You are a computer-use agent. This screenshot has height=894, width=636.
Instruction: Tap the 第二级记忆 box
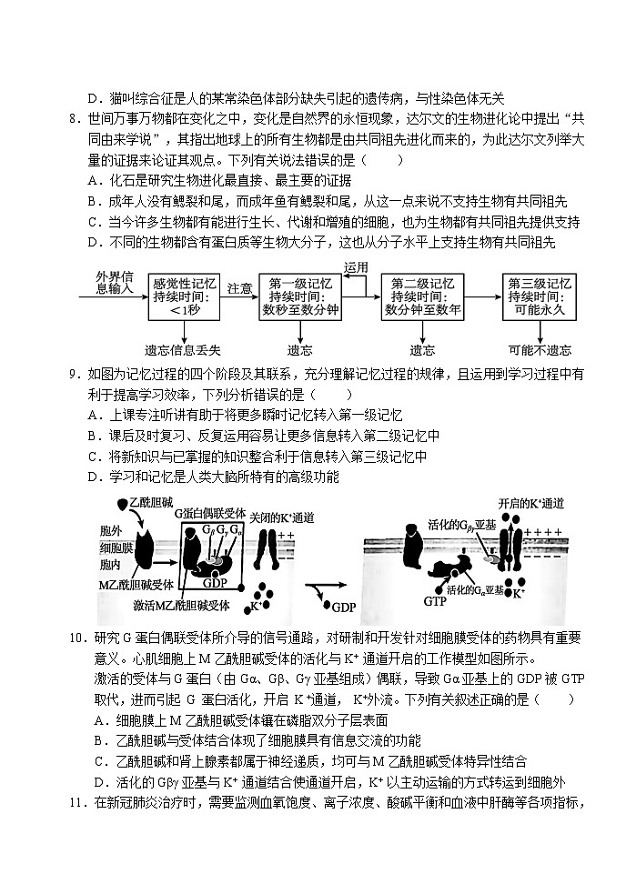click(x=422, y=296)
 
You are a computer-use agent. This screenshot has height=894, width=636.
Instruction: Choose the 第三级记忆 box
click(x=540, y=296)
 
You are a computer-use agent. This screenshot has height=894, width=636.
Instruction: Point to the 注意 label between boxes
click(x=239, y=288)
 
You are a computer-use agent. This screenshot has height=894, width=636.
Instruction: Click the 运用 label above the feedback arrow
click(x=356, y=267)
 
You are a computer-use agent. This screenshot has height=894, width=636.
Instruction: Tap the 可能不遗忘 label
click(x=540, y=350)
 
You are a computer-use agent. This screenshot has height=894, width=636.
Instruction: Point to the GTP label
click(x=434, y=601)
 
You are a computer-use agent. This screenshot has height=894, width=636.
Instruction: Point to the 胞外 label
click(x=110, y=531)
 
